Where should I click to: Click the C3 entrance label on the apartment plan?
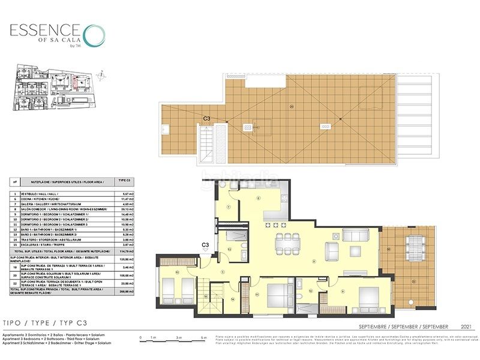point(205,245)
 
